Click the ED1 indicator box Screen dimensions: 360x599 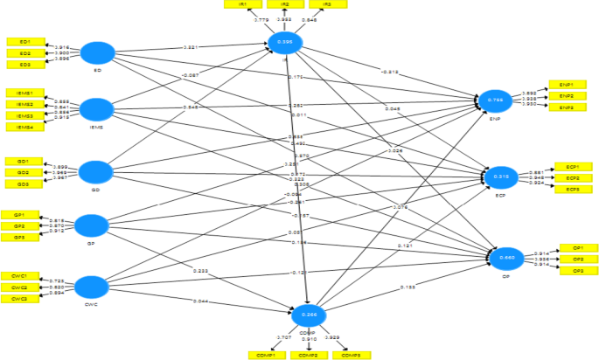pos(24,42)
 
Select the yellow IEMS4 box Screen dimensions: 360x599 pos(24,128)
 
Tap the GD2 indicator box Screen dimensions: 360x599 pos(24,173)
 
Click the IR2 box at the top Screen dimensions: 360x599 pos(285,4)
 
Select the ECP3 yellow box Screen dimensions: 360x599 pos(573,190)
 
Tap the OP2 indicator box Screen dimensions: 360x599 pos(578,260)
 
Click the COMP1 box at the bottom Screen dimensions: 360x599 pos(267,355)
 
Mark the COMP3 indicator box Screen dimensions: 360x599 pos(351,355)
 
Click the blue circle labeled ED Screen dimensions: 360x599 pos(99,52)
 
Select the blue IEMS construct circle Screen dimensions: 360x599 pos(97,109)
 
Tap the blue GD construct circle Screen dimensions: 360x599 pos(97,170)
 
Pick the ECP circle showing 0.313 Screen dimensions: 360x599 pos(500,177)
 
